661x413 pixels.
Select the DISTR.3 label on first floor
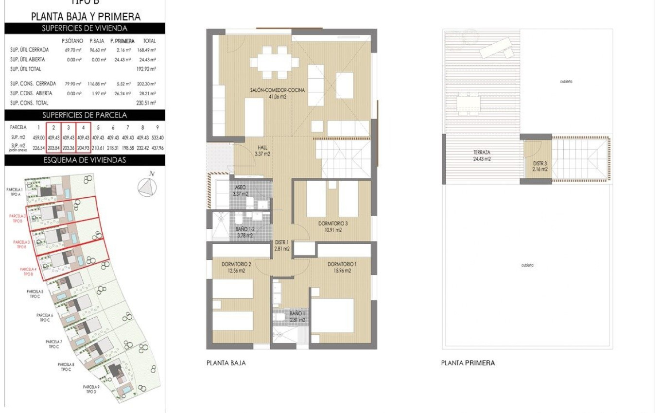click(539, 166)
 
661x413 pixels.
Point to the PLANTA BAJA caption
click(226, 363)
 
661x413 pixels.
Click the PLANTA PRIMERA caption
click(468, 363)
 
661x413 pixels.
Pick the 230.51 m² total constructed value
click(146, 103)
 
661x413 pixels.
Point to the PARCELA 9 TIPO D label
click(91, 389)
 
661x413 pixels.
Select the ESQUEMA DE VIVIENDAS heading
click(85, 160)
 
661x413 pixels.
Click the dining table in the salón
click(275, 62)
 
